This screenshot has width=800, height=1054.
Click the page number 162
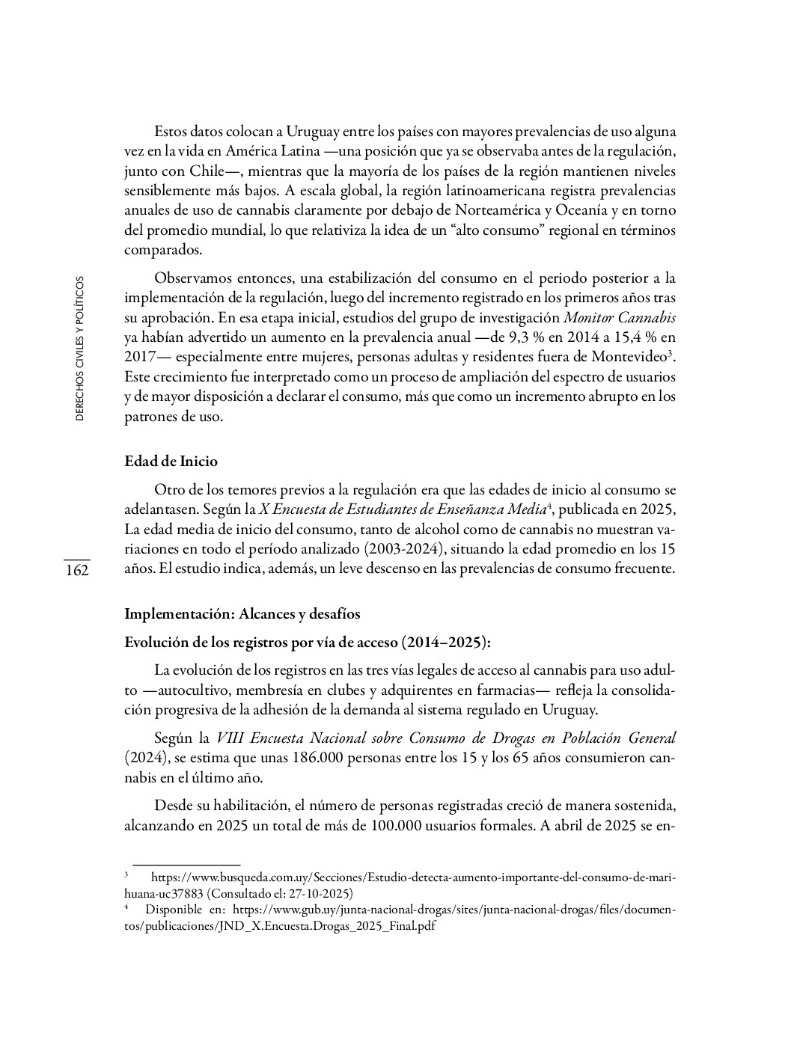[76, 571]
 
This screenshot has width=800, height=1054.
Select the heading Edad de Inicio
[171, 461]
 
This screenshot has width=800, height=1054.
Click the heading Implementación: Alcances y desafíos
[242, 614]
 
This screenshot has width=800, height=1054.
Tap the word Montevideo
[633, 357]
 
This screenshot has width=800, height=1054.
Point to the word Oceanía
[580, 209]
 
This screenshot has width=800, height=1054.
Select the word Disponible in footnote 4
[174, 910]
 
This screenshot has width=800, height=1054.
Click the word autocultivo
[186, 689]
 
